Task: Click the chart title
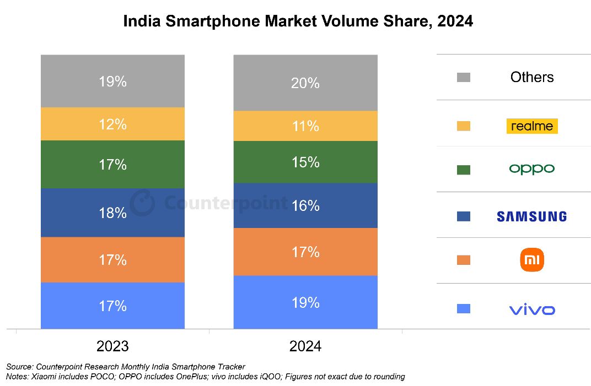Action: click(x=298, y=21)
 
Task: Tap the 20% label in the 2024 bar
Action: click(x=305, y=83)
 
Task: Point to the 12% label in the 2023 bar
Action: click(x=112, y=124)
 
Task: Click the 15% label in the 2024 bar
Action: click(x=305, y=162)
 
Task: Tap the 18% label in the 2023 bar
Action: click(x=112, y=213)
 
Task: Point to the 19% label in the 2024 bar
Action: click(x=305, y=303)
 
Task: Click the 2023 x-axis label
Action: click(x=112, y=346)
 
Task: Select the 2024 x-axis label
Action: click(x=305, y=346)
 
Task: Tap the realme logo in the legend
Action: click(x=532, y=126)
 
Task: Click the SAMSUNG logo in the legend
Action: click(x=531, y=216)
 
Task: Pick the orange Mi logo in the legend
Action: click(x=532, y=260)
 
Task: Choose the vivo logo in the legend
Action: click(x=532, y=310)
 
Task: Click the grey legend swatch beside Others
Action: click(x=464, y=78)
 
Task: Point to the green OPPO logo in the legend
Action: click(x=532, y=169)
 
